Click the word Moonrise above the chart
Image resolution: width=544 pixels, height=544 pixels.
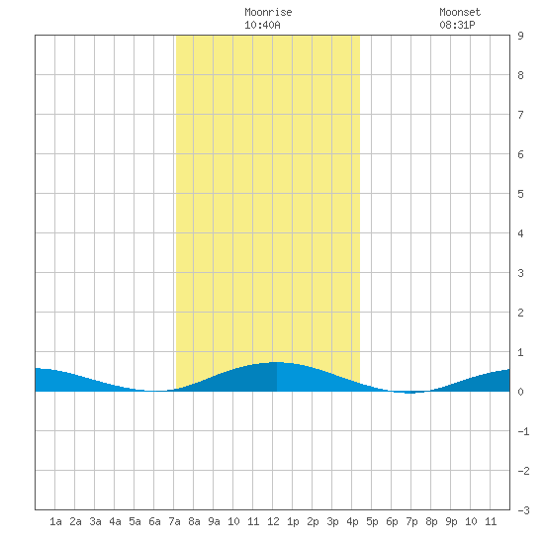point(268,12)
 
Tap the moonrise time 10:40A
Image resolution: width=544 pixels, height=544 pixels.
point(262,25)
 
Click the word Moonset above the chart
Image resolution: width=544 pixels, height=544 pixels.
point(460,12)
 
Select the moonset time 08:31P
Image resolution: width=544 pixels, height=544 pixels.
point(457,25)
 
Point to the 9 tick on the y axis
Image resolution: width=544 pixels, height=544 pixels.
point(520,36)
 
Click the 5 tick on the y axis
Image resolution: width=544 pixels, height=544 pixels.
point(520,194)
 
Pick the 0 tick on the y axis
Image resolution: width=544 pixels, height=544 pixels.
point(520,392)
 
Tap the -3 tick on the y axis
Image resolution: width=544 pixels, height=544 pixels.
point(523,510)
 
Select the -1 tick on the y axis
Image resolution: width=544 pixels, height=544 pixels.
point(523,431)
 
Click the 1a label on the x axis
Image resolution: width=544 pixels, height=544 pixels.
point(55,521)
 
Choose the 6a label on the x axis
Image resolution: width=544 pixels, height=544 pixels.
point(154,521)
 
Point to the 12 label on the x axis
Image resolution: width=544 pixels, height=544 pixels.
point(273,521)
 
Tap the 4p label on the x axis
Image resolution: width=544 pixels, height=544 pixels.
point(352,521)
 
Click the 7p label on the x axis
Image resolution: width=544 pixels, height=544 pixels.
point(411,521)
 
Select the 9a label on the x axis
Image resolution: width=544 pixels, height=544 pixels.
point(214,521)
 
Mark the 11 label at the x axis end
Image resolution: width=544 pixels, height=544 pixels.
point(491,521)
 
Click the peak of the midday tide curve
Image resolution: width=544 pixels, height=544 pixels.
point(277,362)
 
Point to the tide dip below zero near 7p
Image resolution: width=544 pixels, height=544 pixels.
point(410,393)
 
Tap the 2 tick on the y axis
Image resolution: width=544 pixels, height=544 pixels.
point(520,313)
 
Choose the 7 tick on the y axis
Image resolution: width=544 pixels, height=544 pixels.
point(520,115)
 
